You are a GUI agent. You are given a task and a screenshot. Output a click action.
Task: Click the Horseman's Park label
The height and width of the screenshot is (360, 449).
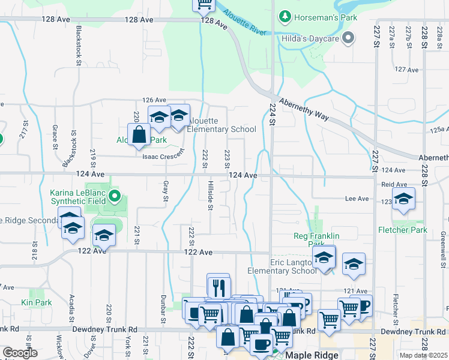325,17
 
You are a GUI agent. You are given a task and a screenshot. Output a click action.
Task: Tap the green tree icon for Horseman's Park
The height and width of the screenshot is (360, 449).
286,17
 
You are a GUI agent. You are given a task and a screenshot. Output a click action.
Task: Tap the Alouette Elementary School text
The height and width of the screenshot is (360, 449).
221,129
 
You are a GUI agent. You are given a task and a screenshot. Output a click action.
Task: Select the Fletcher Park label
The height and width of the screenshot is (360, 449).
402,230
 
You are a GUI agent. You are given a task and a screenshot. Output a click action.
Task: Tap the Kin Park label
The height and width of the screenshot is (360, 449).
36,303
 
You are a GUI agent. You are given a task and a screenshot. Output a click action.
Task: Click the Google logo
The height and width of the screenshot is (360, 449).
20,353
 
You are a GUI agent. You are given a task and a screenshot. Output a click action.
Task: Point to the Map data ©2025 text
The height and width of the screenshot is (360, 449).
423,355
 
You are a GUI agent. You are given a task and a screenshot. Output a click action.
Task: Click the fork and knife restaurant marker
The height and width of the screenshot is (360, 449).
218,286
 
